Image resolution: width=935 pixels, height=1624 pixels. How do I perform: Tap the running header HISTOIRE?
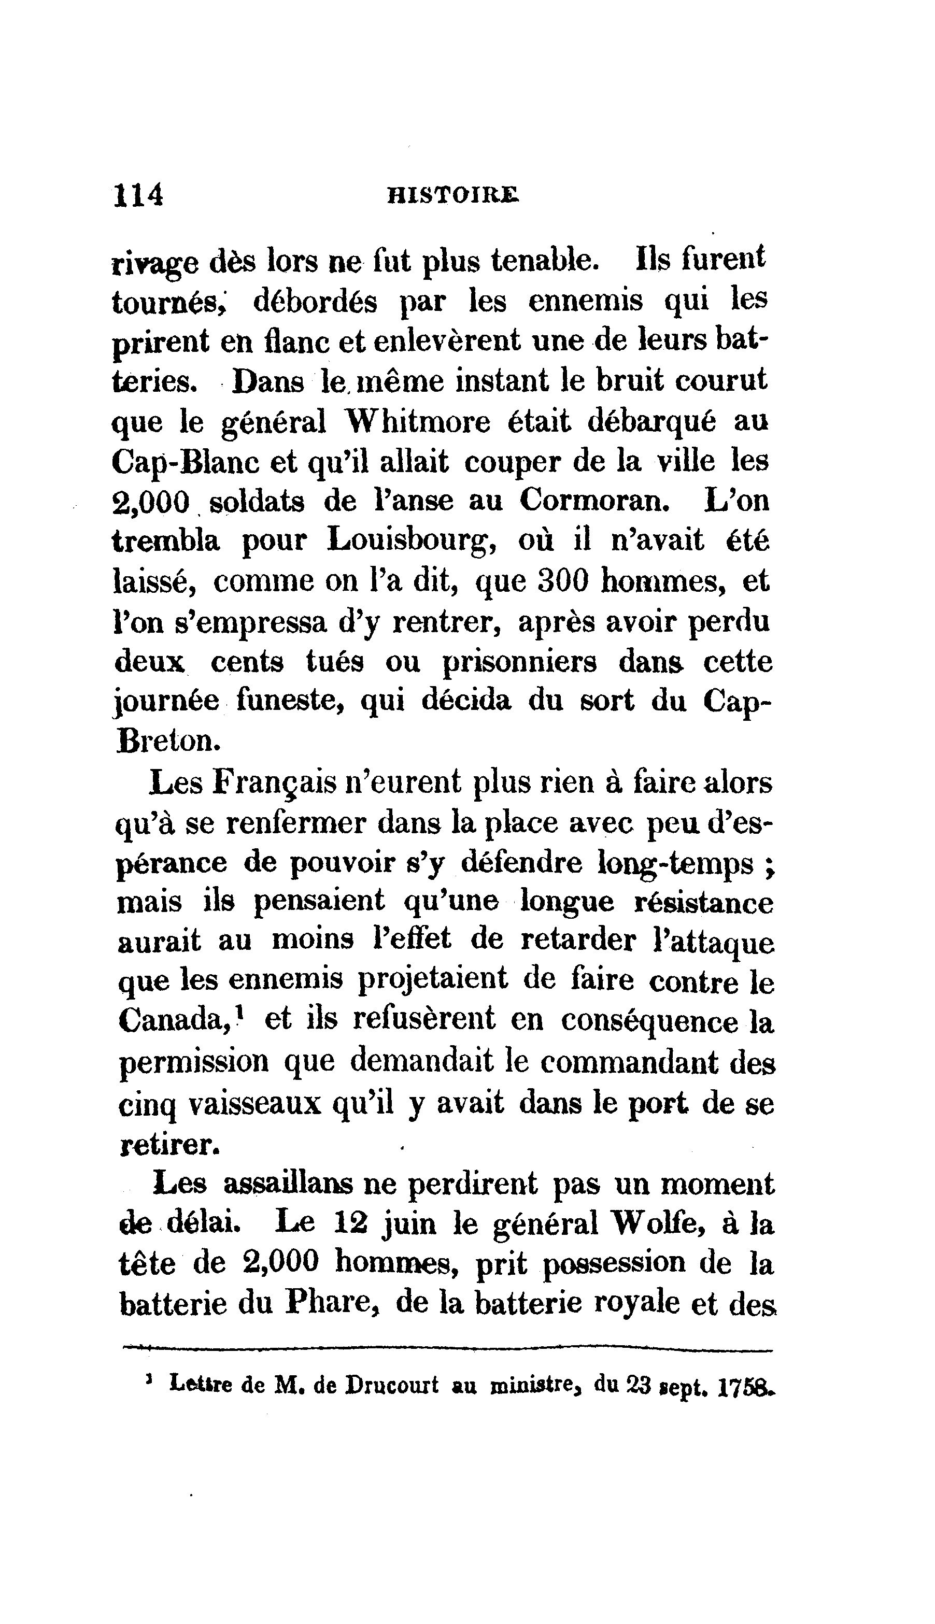point(453,195)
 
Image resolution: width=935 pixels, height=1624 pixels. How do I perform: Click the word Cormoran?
point(594,501)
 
